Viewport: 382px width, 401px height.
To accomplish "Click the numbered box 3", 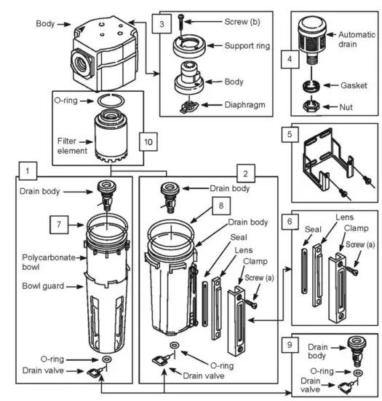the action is tap(162, 24).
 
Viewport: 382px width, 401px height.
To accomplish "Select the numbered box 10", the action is tap(148, 141).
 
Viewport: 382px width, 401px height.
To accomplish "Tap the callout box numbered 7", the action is tap(59, 225).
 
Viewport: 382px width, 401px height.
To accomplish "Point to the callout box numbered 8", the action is tap(221, 206).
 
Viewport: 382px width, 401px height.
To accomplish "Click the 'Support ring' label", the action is tap(247, 46).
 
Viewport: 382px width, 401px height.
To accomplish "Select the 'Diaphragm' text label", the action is tap(244, 105).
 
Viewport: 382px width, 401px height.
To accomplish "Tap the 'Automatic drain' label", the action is tap(357, 39).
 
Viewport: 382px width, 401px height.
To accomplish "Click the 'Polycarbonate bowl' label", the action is tap(49, 262).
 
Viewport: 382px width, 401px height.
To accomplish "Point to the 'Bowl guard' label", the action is tap(43, 286).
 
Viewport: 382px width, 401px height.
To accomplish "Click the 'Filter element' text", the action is tap(72, 146).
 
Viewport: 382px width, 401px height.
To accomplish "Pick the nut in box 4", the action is tap(311, 106).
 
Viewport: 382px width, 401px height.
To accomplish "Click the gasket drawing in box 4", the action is tap(311, 85).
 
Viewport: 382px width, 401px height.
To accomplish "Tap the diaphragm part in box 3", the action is tap(189, 106).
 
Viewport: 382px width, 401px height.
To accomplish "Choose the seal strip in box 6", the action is tap(303, 270).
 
